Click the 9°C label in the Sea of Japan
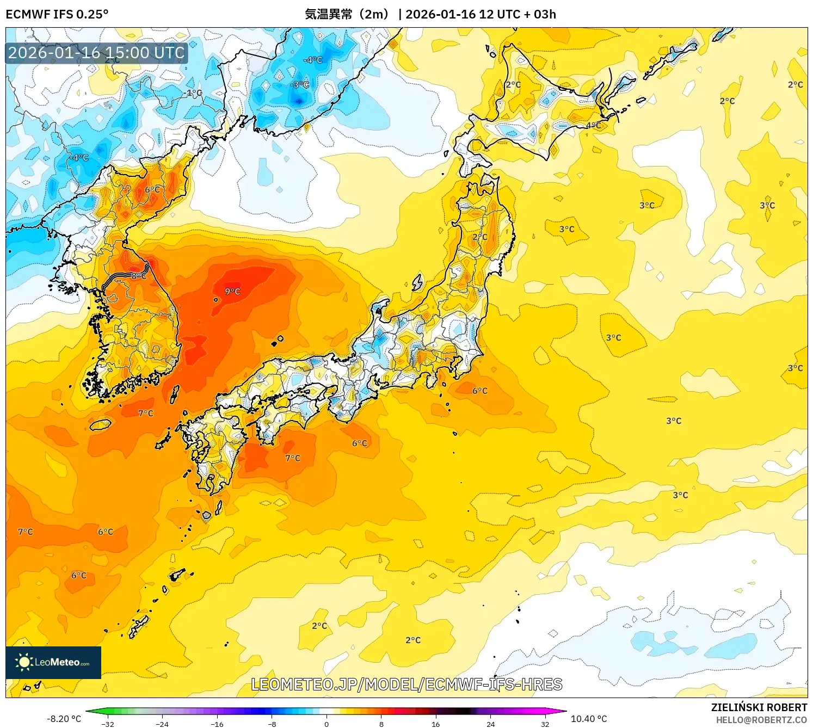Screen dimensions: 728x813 pyautogui.click(x=232, y=292)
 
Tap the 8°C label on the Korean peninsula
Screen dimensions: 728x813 pyautogui.click(x=138, y=276)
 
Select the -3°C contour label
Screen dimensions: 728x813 pyautogui.click(x=299, y=85)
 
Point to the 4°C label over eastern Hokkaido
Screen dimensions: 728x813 pyautogui.click(x=593, y=126)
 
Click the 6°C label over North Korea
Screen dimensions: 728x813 pyautogui.click(x=152, y=189)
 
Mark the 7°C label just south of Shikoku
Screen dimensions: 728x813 pyautogui.click(x=293, y=458)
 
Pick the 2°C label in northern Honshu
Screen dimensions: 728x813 pyautogui.click(x=479, y=237)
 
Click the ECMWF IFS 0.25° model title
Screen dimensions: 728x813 pyautogui.click(x=57, y=14)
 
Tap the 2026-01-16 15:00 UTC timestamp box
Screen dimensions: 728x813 pyautogui.click(x=96, y=53)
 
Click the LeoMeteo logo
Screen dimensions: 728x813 pyautogui.click(x=53, y=662)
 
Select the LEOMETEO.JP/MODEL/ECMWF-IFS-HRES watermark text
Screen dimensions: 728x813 pyautogui.click(x=406, y=684)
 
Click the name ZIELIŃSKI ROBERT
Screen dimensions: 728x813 pyautogui.click(x=759, y=707)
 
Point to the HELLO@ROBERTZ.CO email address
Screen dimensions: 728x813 pyautogui.click(x=761, y=720)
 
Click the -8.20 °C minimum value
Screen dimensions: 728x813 pyautogui.click(x=64, y=719)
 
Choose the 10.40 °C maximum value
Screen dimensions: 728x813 pyautogui.click(x=589, y=719)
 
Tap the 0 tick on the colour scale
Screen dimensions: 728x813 pyautogui.click(x=327, y=724)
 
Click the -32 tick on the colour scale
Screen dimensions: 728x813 pyautogui.click(x=108, y=724)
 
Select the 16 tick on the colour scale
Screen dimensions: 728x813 pyautogui.click(x=435, y=724)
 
